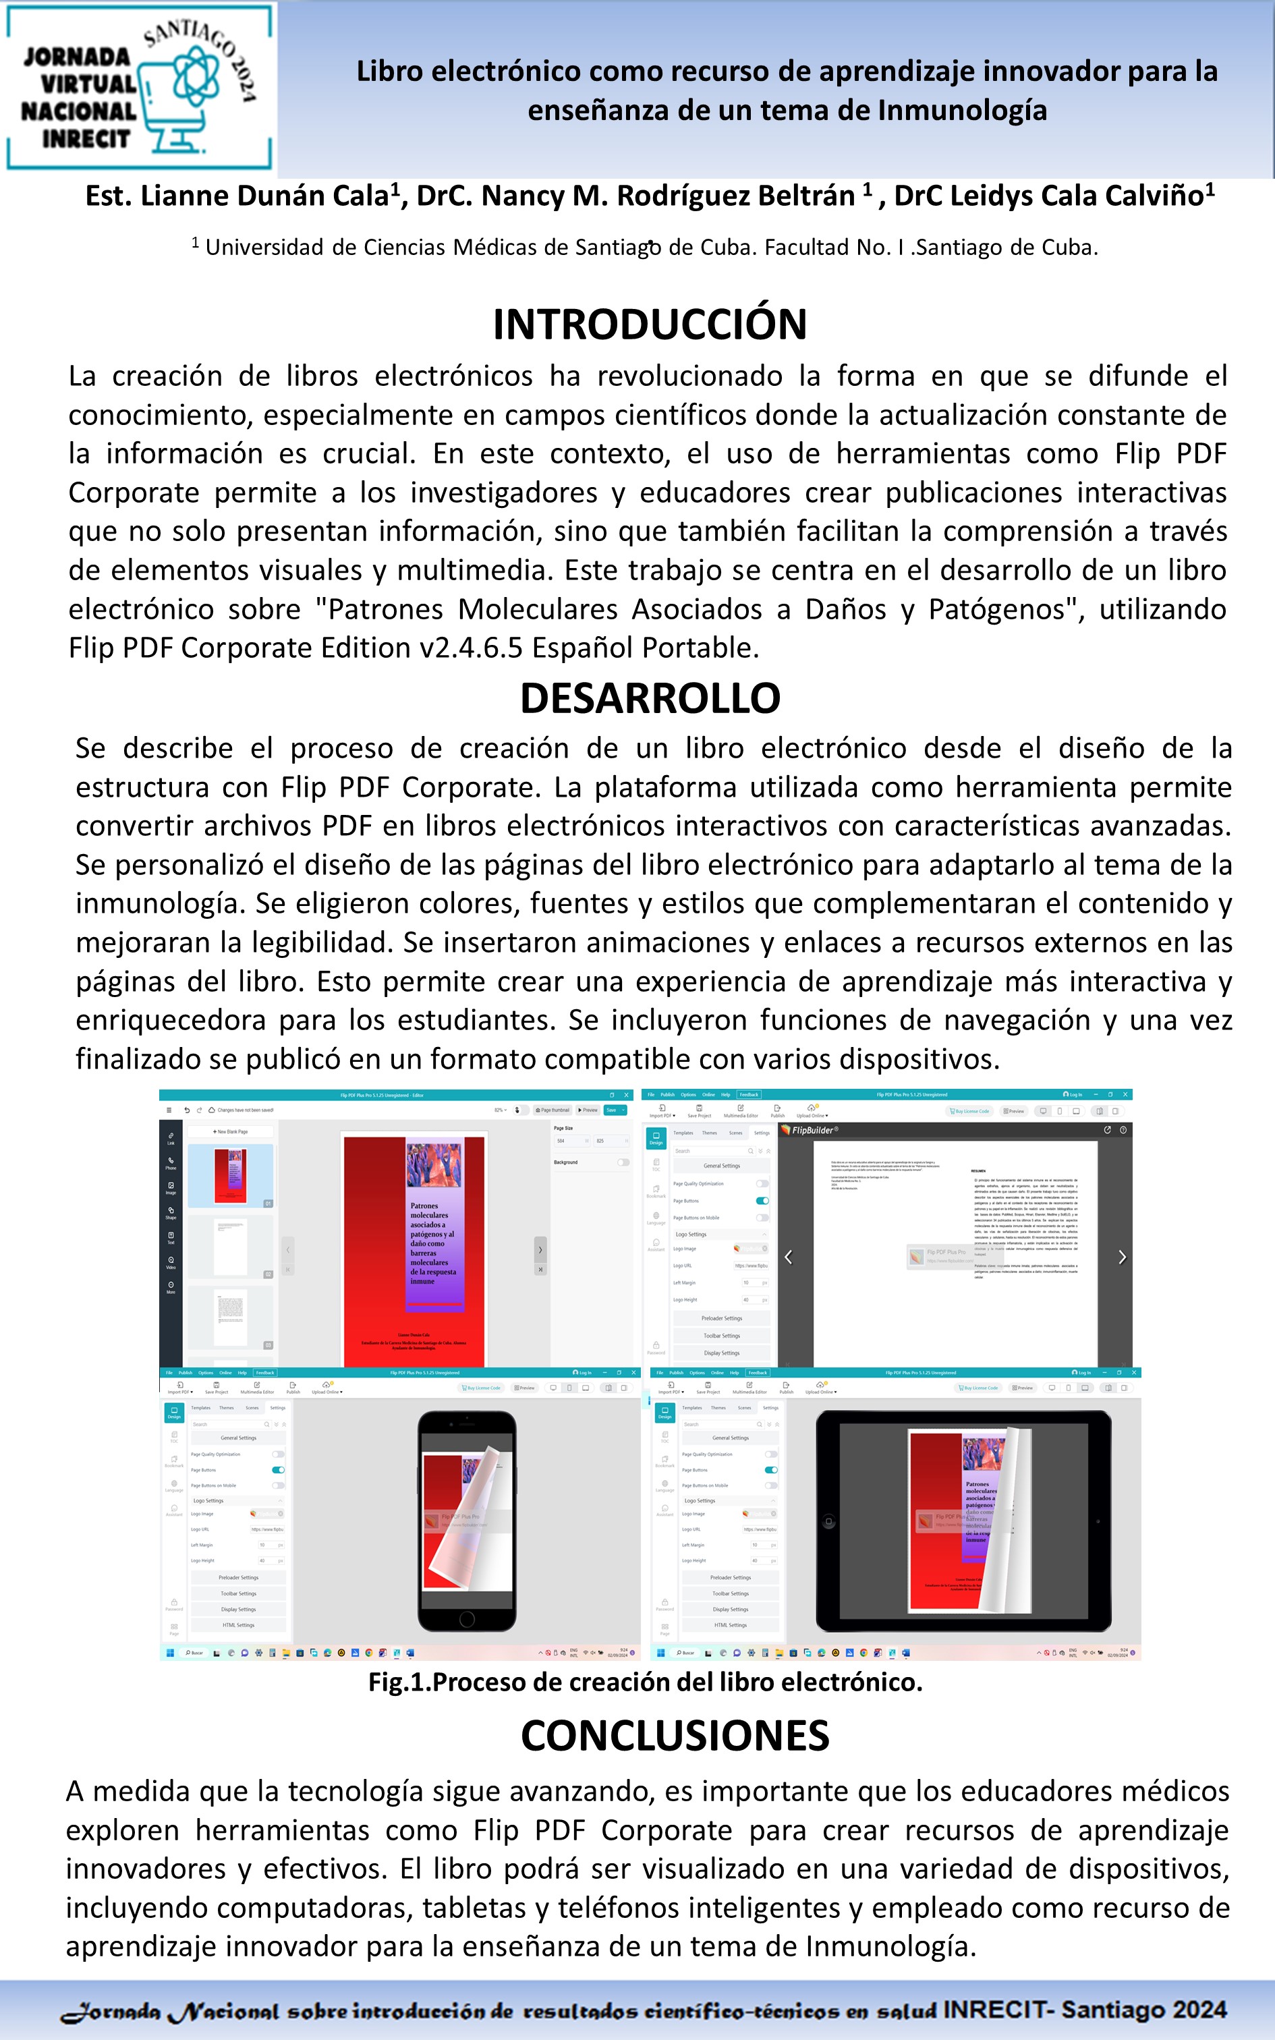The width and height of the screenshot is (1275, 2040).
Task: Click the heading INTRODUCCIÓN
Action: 649,324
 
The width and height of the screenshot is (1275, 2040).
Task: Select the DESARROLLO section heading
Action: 649,698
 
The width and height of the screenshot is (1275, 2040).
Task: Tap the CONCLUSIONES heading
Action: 675,1736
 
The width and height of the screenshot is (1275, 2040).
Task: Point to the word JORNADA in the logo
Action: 77,57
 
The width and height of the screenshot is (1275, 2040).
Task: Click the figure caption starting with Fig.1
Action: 645,1682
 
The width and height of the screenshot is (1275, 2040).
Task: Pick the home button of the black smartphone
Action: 466,1619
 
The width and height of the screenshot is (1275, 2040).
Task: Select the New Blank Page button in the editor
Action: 230,1131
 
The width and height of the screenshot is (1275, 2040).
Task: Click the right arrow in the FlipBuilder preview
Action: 1121,1257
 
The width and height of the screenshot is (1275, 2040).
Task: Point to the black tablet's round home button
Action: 829,1522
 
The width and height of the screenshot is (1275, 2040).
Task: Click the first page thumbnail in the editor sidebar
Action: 229,1174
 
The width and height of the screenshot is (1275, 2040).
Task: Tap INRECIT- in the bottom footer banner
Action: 998,2010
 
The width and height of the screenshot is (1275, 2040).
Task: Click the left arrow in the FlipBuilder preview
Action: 789,1257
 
